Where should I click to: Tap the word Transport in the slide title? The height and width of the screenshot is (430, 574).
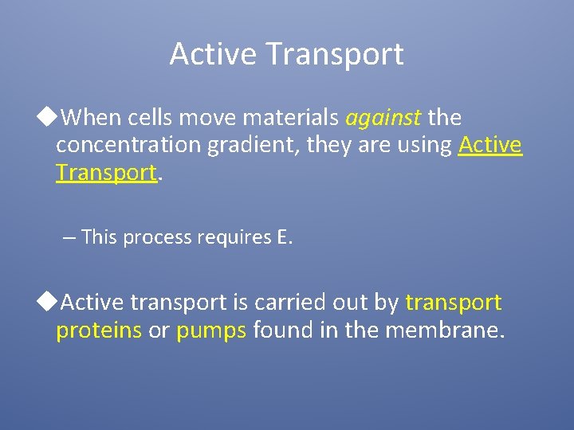click(335, 54)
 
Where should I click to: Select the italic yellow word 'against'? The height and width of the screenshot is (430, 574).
click(383, 119)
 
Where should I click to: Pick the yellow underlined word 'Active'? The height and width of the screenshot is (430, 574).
click(490, 146)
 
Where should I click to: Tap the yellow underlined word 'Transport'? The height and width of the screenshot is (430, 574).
click(106, 173)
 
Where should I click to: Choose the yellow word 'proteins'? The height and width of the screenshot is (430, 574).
click(99, 330)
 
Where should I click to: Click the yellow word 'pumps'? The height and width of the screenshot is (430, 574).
click(211, 330)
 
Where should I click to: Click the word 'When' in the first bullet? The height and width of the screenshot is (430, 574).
click(88, 119)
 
